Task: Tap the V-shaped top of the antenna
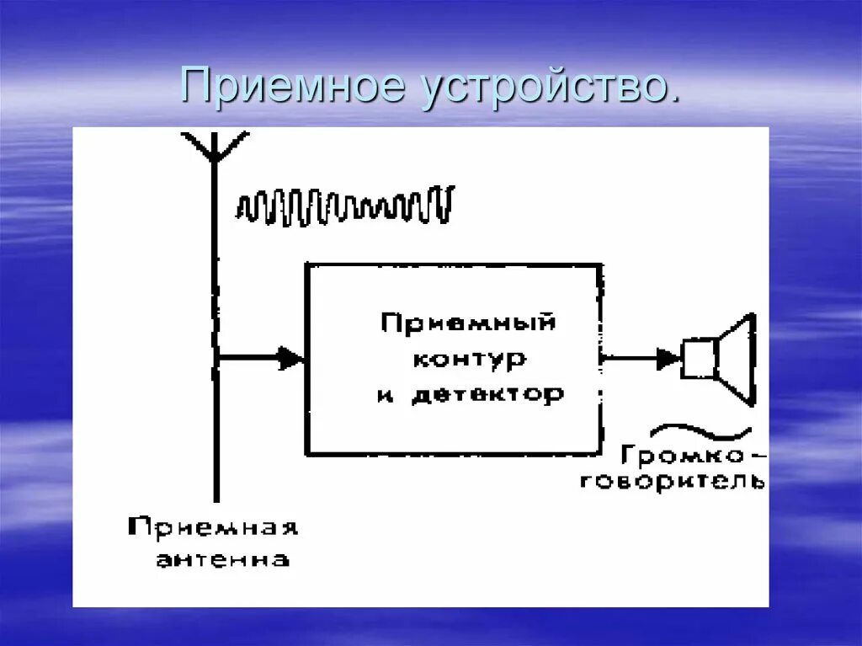215,145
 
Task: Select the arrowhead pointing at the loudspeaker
669,359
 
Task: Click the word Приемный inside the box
468,323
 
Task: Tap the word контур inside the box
469,359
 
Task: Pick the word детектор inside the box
488,394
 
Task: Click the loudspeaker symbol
721,359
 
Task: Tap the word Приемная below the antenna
213,529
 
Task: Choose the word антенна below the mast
222,558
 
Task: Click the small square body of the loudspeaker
699,359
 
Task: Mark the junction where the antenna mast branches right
215,359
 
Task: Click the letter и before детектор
386,395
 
